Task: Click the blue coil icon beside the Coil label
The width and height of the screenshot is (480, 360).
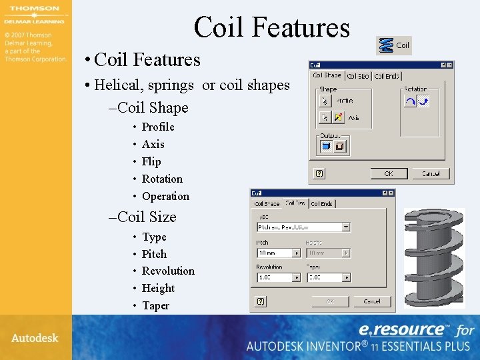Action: (386, 45)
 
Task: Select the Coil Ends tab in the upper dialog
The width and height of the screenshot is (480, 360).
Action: (387, 77)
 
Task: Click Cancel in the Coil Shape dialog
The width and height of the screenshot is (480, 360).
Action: (430, 173)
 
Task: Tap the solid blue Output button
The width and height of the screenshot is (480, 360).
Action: (326, 146)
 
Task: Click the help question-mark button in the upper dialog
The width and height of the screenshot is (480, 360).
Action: (319, 173)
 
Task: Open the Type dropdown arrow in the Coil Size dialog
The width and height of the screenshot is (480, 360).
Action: (346, 227)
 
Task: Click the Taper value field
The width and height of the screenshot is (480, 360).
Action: (324, 277)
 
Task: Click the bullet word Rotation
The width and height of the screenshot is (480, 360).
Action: (162, 179)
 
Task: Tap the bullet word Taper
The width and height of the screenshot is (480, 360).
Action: (155, 305)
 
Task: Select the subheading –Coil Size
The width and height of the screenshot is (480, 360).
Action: (143, 217)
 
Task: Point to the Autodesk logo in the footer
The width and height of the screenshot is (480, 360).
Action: (35, 337)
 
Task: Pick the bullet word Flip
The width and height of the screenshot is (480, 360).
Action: (151, 161)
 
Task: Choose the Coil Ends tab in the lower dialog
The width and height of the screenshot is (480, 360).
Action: (322, 203)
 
